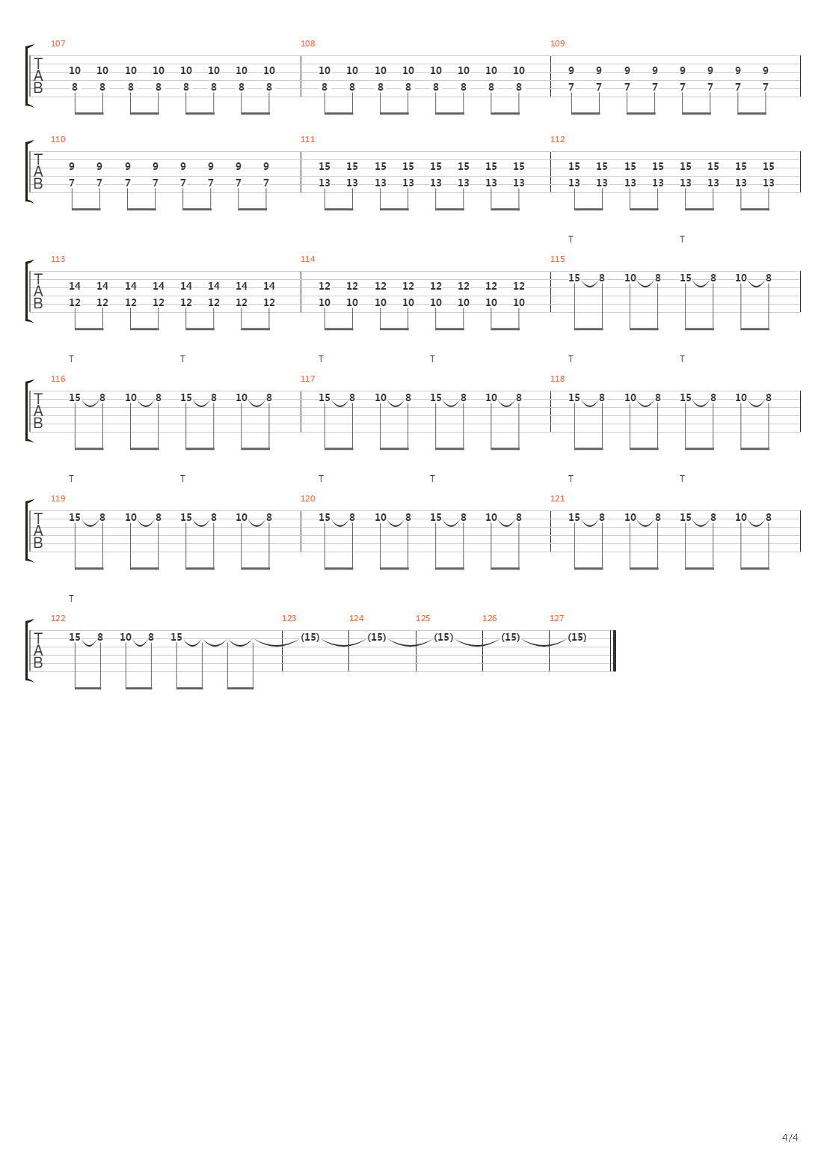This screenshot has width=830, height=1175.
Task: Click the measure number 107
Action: (x=58, y=43)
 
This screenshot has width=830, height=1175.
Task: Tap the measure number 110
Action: (x=58, y=139)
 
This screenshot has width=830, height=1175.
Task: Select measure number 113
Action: (x=58, y=259)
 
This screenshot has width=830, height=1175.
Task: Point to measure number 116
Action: (x=58, y=379)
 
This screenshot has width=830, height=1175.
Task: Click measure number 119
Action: (x=58, y=498)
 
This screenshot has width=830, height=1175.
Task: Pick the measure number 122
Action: (x=58, y=618)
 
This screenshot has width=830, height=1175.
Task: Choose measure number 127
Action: (x=556, y=618)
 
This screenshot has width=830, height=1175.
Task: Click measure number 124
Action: (x=356, y=618)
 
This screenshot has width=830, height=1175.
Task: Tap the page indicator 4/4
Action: (x=790, y=1138)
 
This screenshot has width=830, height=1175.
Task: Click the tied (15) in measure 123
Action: (x=310, y=637)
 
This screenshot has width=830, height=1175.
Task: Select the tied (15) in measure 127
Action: (x=577, y=637)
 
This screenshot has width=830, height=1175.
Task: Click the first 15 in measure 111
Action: (x=325, y=166)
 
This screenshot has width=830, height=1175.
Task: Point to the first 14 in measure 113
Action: (x=75, y=286)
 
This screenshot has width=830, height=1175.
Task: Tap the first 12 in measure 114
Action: (x=325, y=286)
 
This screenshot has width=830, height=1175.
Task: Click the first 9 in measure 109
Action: (x=571, y=70)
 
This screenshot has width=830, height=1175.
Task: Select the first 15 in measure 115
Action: (x=574, y=278)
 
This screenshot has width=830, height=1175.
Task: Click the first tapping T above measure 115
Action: (x=571, y=239)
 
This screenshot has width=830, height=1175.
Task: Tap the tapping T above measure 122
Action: (x=71, y=599)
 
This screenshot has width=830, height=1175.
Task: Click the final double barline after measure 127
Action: (x=614, y=651)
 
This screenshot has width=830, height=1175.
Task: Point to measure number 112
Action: (x=557, y=139)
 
